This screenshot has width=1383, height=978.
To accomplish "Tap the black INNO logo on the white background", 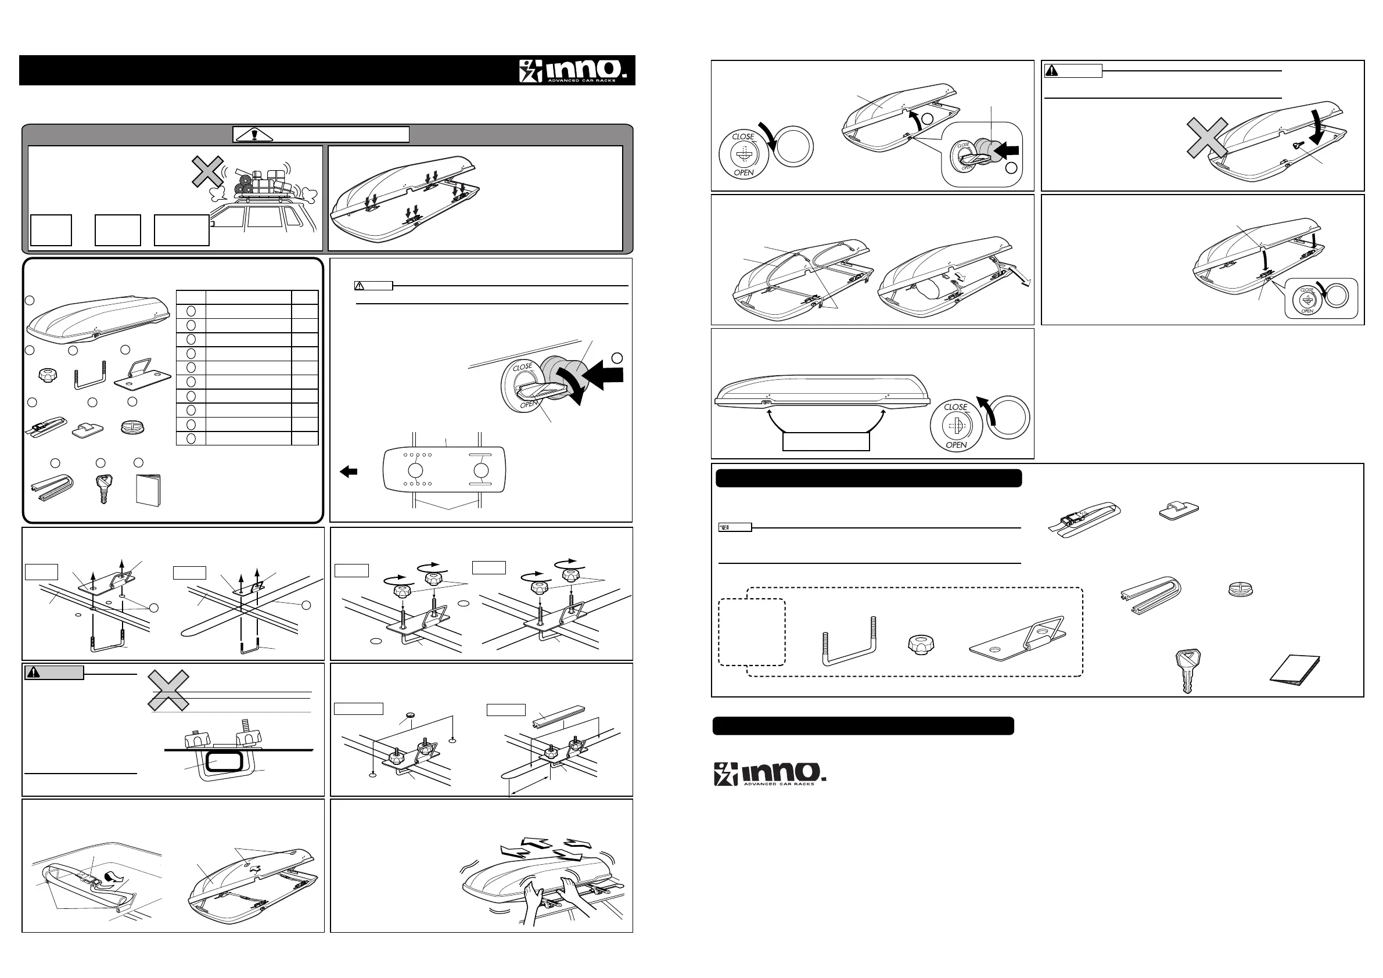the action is pyautogui.click(x=769, y=773).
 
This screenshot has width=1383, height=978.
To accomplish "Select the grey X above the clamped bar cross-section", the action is pyautogui.click(x=168, y=692).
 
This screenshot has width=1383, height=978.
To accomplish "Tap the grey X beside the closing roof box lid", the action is pyautogui.click(x=1207, y=138).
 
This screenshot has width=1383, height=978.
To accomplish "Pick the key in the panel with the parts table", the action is pyautogui.click(x=103, y=487).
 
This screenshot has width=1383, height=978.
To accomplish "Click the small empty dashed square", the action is pyautogui.click(x=752, y=632).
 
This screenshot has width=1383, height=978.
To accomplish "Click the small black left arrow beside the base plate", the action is pyautogui.click(x=348, y=472).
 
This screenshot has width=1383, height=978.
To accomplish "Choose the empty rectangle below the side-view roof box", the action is pyautogui.click(x=826, y=441).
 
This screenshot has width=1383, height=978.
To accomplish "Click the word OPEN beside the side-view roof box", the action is pyautogui.click(x=956, y=445).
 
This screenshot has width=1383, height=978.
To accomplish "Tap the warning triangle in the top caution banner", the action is pyautogui.click(x=255, y=134).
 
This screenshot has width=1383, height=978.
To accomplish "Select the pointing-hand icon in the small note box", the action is pyautogui.click(x=725, y=527).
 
